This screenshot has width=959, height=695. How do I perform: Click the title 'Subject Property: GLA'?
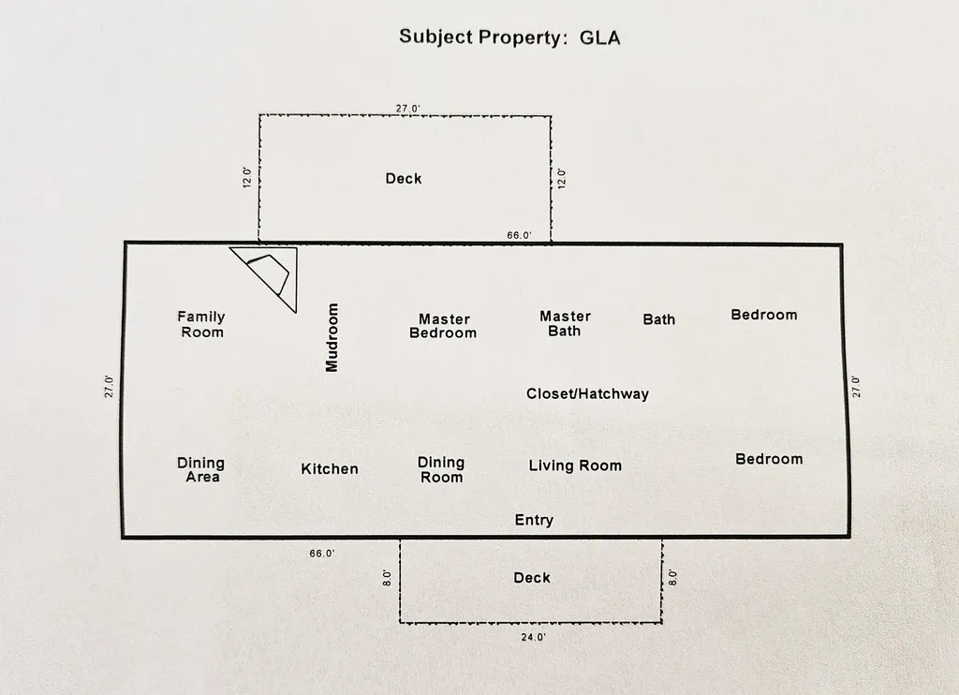coord(509,37)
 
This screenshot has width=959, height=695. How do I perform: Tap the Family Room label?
coord(201,324)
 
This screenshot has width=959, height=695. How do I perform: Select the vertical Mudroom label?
coord(332,337)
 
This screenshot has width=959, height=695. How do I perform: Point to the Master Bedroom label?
coord(443,326)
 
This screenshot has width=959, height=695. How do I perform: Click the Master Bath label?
coord(565,323)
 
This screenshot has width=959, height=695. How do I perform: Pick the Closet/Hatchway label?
coord(587,394)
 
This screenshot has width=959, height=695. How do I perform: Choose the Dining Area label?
coord(201,469)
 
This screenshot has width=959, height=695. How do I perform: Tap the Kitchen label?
coord(330,468)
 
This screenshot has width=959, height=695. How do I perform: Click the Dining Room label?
coord(441,469)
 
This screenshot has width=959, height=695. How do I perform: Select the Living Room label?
coord(575,466)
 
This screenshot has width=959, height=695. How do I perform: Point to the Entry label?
coord(534,520)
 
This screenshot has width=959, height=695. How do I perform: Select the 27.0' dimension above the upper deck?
coord(406,109)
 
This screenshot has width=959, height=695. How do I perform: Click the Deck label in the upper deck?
coord(404,178)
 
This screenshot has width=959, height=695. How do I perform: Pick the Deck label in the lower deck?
coord(532,578)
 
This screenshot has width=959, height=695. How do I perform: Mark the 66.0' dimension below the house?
coord(322,554)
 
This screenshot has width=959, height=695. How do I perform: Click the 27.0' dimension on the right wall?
coord(855,387)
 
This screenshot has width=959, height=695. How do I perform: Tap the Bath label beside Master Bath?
coord(658,319)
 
